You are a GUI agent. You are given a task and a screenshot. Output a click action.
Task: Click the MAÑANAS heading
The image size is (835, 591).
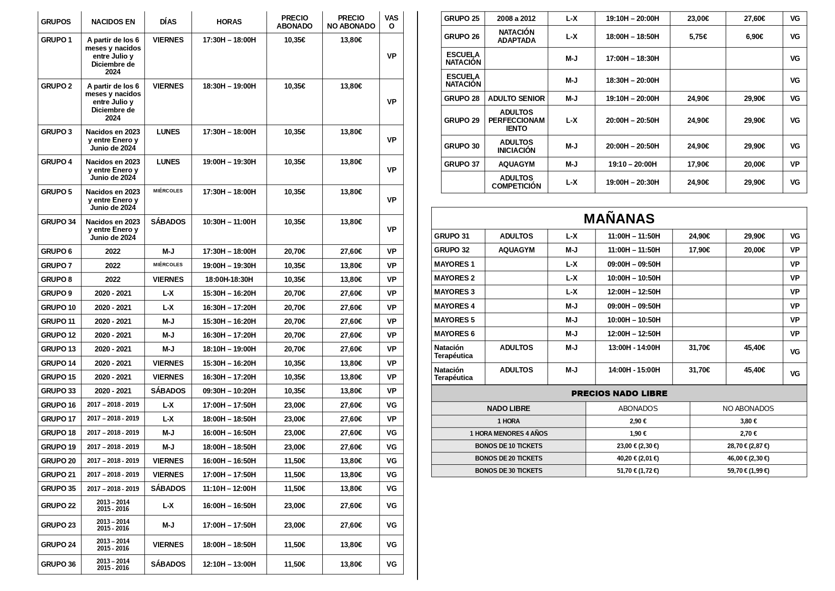click(619, 219)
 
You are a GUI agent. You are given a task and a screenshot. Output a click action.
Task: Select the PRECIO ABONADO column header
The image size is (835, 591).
click(294, 22)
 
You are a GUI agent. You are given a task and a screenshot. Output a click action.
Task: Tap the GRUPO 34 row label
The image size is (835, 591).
click(58, 222)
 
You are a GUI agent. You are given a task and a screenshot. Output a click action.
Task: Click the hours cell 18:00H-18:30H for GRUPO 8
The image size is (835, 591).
click(229, 280)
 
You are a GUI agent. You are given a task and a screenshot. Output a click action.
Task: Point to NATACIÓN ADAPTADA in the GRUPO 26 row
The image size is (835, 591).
click(516, 36)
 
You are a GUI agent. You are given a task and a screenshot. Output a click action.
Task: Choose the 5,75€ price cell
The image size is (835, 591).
click(698, 37)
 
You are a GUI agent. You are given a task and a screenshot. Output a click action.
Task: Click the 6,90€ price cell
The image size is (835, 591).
click(754, 37)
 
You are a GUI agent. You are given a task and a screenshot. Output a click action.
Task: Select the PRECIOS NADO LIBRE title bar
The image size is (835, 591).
click(619, 393)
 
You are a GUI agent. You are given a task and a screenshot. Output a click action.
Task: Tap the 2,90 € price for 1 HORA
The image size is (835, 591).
click(637, 421)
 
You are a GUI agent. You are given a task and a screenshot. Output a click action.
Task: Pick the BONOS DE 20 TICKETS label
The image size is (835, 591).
click(508, 458)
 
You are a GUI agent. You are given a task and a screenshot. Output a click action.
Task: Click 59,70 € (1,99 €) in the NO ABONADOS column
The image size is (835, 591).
click(748, 471)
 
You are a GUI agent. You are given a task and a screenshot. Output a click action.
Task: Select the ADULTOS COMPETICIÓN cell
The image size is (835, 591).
click(516, 182)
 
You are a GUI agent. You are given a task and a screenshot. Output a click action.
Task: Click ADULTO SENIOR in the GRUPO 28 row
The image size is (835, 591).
click(516, 99)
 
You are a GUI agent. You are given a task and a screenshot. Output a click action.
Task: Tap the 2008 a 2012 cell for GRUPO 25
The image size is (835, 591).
click(516, 19)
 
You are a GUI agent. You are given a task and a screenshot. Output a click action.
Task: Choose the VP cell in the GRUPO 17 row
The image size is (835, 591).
click(391, 419)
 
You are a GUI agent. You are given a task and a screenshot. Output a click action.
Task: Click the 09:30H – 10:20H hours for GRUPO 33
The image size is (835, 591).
click(229, 391)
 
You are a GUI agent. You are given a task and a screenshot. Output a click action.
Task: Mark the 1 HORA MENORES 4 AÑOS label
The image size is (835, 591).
click(508, 433)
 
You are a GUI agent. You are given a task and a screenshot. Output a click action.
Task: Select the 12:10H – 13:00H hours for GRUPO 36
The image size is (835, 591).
click(229, 564)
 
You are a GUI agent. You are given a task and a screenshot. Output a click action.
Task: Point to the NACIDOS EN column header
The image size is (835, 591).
click(113, 22)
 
